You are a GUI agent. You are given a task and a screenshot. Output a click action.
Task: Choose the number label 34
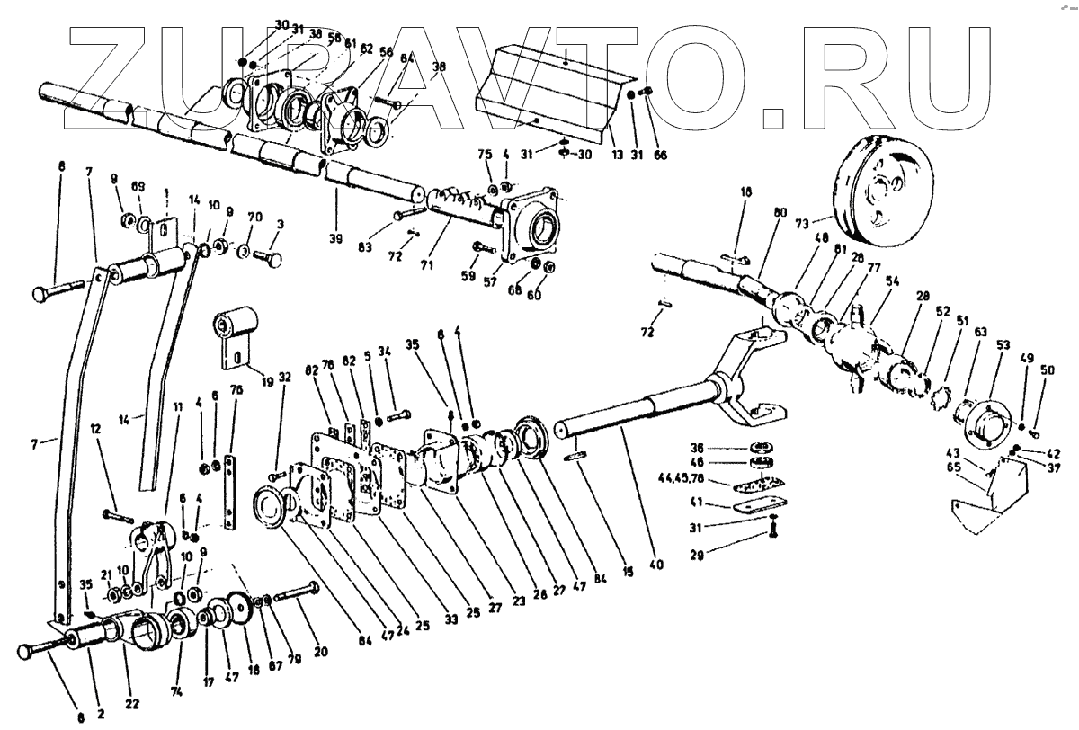coord(384,350)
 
